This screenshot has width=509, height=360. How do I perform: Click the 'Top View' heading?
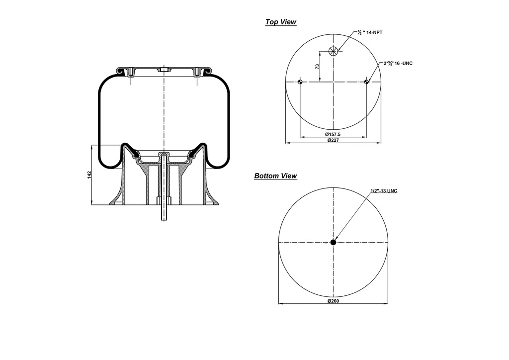click(280, 22)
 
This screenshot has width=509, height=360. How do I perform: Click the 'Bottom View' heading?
click(275, 176)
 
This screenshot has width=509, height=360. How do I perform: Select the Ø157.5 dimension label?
click(333, 135)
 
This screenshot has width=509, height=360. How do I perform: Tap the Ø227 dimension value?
click(333, 141)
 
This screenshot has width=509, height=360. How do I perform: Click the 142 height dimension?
click(89, 175)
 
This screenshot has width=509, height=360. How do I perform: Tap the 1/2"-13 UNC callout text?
click(384, 191)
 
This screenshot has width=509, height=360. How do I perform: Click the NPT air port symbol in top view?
click(333, 50)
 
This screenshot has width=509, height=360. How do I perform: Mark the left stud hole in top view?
click(300, 82)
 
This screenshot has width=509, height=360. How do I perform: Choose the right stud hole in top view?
click(366, 82)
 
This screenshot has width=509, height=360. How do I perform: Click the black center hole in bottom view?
click(333, 242)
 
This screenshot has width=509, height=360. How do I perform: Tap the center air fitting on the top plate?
click(163, 71)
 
